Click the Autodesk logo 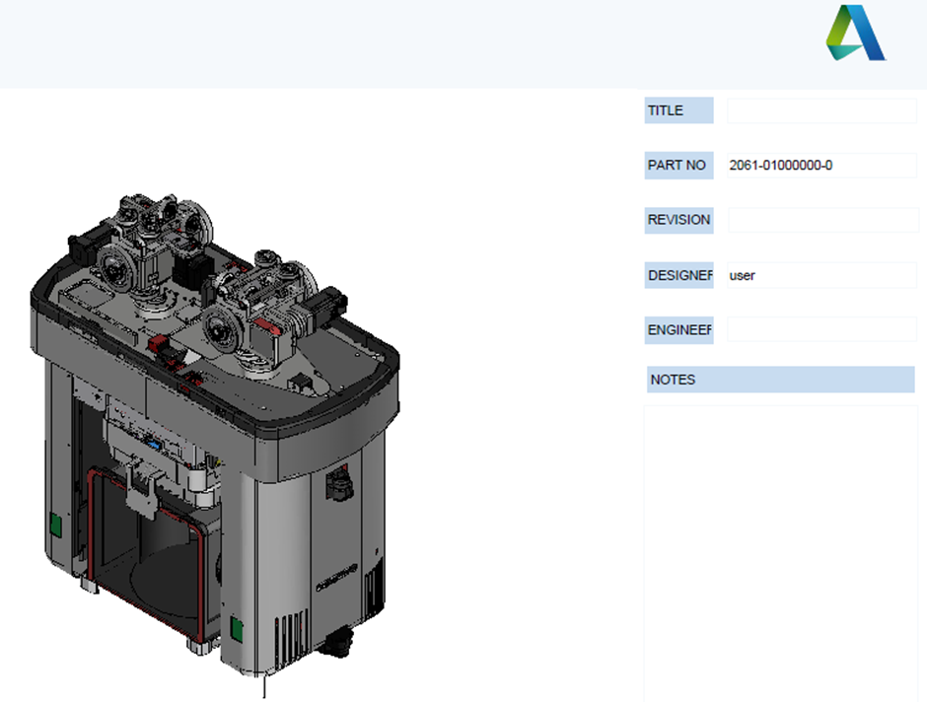tap(855, 34)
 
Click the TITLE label tap(665, 110)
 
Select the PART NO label tap(677, 165)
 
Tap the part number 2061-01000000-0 tap(780, 165)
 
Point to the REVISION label tap(678, 220)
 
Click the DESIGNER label tap(679, 275)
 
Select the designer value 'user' tap(742, 275)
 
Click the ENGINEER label tap(679, 329)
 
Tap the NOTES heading tap(673, 380)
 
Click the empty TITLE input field tap(821, 110)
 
